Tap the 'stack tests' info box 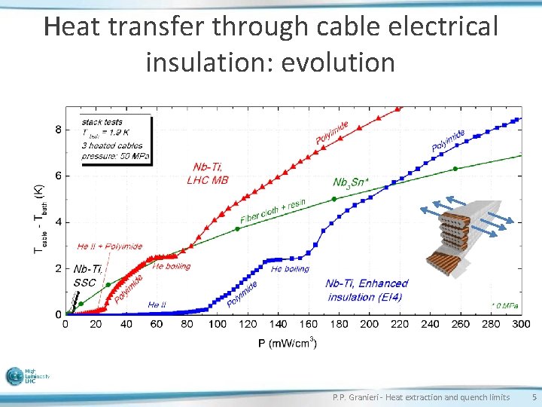[116, 139]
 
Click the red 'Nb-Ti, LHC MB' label [207, 173]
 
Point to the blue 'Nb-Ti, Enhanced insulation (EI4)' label [367, 290]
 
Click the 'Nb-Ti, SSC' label [85, 276]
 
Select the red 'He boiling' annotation [172, 266]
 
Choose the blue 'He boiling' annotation [290, 269]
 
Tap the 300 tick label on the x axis [520, 324]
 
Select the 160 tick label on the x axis [307, 324]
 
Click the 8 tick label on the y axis [59, 130]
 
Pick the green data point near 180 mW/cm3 [334, 199]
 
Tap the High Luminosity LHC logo [28, 377]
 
